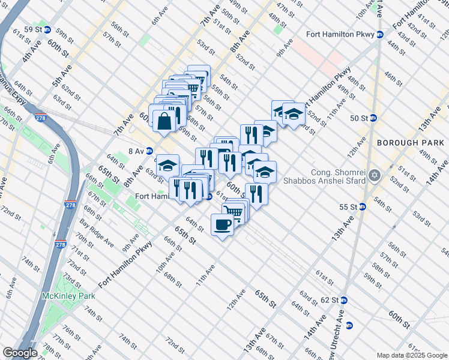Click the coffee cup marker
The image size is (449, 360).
point(222,225)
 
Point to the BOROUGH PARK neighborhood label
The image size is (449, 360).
point(411,143)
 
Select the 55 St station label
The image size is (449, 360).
point(348,207)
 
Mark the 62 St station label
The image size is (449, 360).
point(330,300)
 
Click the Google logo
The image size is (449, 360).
point(20,353)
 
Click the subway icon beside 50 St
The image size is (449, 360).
point(372,118)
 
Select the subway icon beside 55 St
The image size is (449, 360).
point(363,207)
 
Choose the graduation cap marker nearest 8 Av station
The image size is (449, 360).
point(167,166)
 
